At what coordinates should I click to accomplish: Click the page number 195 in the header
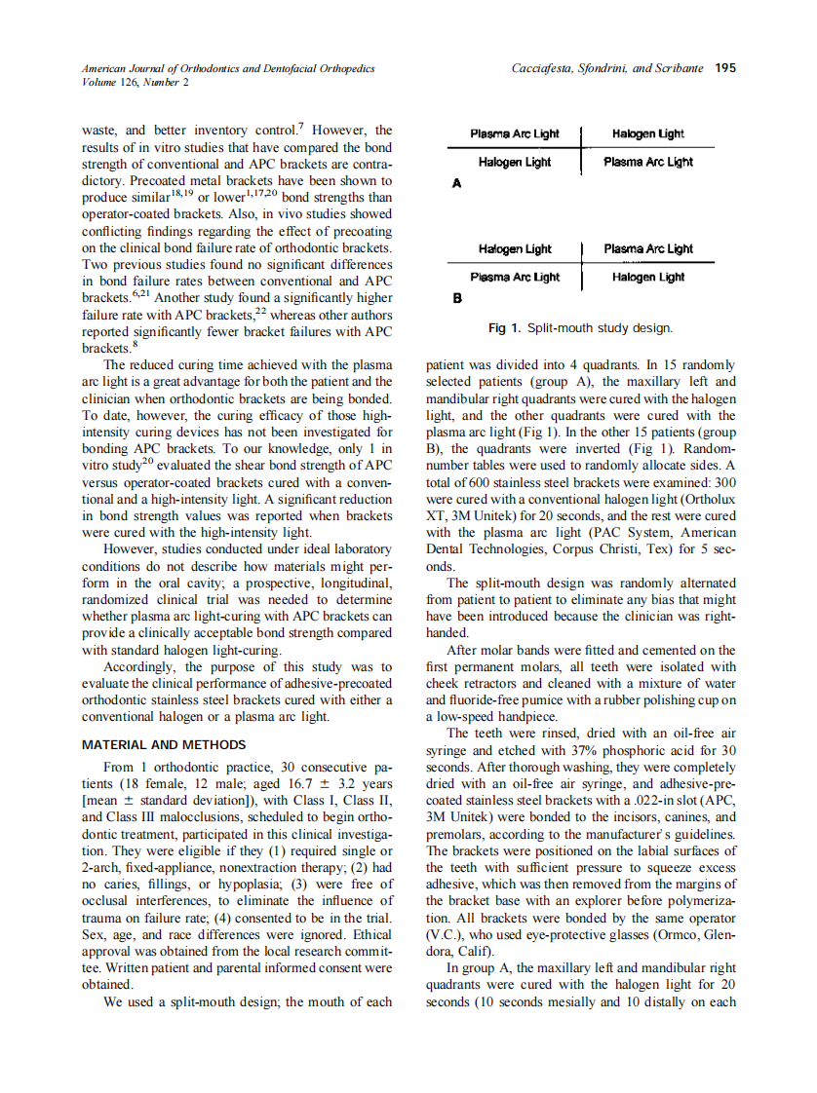click(724, 68)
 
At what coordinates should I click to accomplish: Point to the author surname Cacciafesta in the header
click(549, 68)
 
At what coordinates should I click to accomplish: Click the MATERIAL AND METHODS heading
click(164, 745)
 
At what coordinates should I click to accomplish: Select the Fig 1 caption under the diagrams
click(580, 328)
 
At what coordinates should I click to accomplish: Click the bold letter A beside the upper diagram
click(455, 182)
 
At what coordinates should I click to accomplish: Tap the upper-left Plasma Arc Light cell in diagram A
click(515, 133)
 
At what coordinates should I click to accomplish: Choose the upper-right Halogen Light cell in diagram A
click(648, 133)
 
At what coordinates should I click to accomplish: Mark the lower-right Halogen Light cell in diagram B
click(648, 278)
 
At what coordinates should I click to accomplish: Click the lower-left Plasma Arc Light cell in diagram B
click(515, 278)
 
